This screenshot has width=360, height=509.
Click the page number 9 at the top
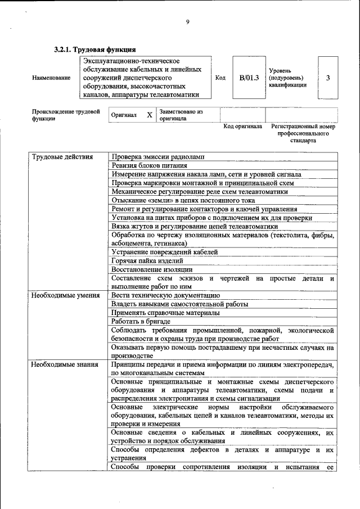(x=188, y=22)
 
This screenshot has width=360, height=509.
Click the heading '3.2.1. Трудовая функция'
(x=95, y=49)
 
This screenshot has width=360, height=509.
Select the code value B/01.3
(x=249, y=78)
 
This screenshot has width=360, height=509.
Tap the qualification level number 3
(x=328, y=78)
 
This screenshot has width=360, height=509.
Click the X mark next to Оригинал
(x=149, y=115)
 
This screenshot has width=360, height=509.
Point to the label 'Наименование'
(x=51, y=78)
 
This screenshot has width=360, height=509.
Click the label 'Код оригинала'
(x=242, y=127)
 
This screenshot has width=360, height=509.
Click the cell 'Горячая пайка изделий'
(x=147, y=261)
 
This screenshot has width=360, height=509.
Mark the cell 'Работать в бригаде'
(x=141, y=321)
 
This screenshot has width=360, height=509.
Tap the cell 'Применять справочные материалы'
(x=165, y=313)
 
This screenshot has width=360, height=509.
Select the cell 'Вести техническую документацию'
(x=165, y=295)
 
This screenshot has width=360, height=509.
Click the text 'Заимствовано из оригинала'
(x=181, y=115)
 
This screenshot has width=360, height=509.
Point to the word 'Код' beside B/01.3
(x=220, y=78)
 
